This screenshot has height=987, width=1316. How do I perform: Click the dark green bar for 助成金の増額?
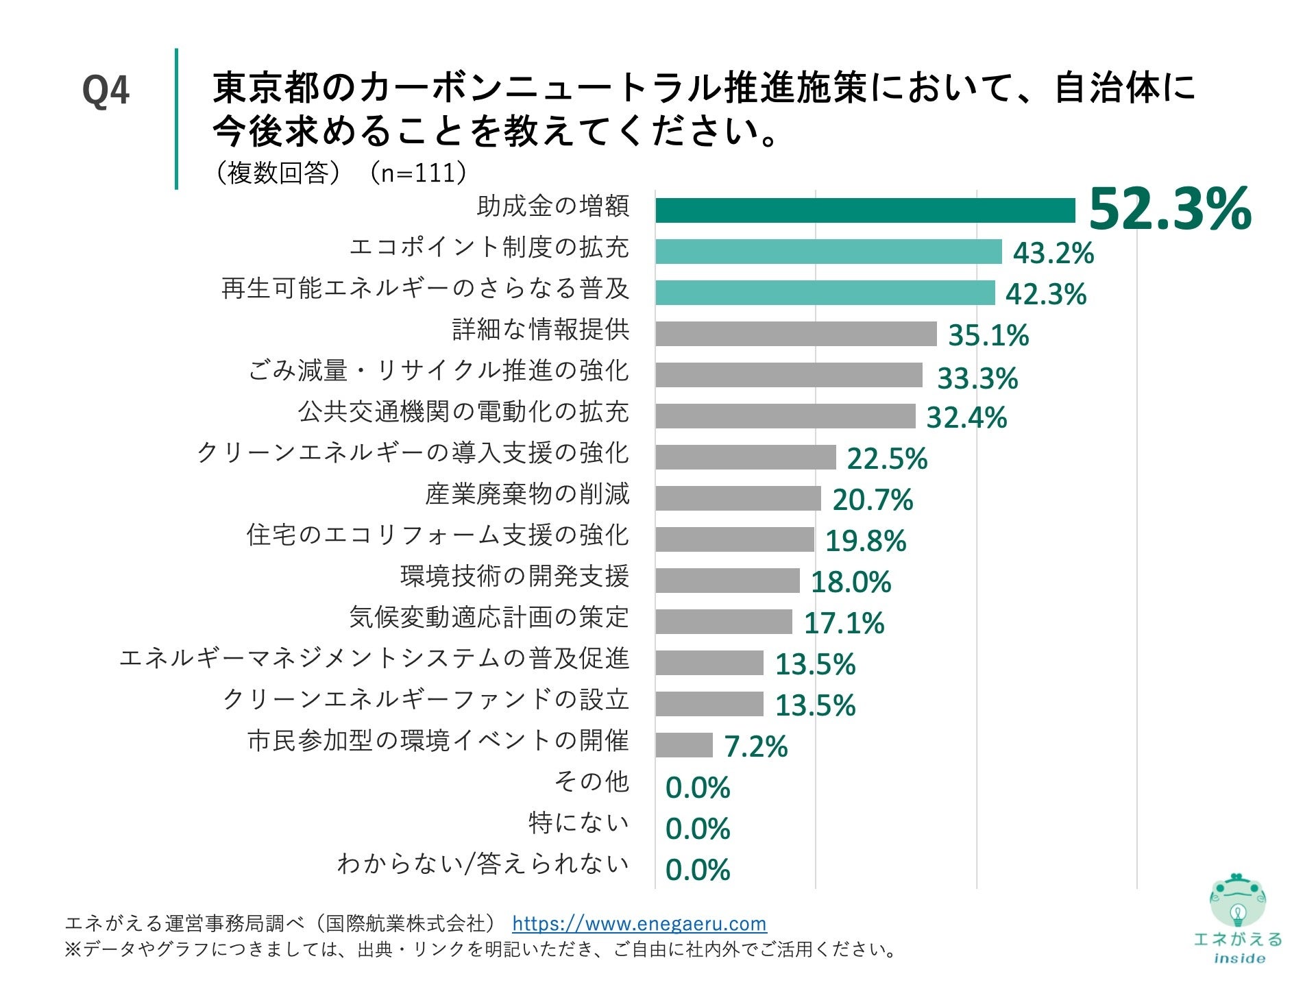tap(865, 210)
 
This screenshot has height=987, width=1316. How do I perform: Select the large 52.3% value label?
tap(1169, 209)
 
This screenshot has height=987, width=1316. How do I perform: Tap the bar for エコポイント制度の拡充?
tap(828, 252)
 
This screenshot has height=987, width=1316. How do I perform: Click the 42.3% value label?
tap(1046, 294)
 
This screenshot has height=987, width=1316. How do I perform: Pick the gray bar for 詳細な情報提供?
tap(796, 334)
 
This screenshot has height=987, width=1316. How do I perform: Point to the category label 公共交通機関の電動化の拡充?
tap(463, 411)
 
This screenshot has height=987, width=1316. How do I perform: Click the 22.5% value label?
tap(887, 459)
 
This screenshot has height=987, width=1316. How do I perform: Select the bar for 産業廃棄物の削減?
tap(738, 498)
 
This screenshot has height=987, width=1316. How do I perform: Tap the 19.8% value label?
tap(866, 541)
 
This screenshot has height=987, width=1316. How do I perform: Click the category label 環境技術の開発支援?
tap(515, 576)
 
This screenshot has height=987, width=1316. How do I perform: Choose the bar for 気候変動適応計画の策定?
tap(724, 622)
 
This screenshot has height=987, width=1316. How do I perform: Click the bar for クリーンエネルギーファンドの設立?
tap(709, 704)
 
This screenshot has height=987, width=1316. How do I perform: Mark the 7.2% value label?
tap(756, 746)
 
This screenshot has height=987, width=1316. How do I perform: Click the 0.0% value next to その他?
tap(698, 788)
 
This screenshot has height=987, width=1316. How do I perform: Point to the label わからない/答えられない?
tap(483, 864)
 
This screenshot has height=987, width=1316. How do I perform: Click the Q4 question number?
tap(106, 90)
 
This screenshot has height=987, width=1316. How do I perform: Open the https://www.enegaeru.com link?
tap(639, 923)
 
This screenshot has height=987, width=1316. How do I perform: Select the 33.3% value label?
tap(977, 378)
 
